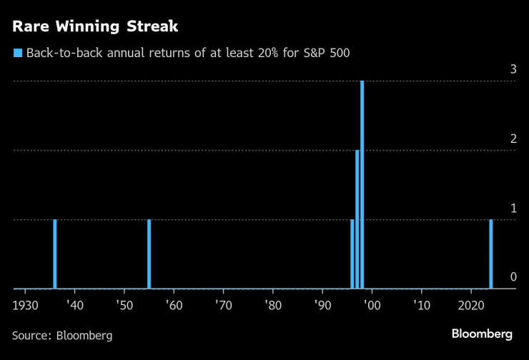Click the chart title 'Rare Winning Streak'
coord(95,27)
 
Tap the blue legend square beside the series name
coord(17,53)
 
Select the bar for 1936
coord(55,254)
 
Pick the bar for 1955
coord(149,254)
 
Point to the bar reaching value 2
coord(357,219)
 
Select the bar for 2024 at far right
coord(490,254)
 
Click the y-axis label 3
coord(513,69)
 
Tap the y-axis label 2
coord(513,139)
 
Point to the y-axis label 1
coord(513,208)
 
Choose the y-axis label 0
coord(513,277)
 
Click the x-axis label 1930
coord(25,304)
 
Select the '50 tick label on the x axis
coord(124,304)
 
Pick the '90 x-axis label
coord(322,304)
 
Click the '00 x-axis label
coord(372,304)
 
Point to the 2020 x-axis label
coord(471,304)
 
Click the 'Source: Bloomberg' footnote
coord(62,334)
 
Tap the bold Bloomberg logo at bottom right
coord(482,334)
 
